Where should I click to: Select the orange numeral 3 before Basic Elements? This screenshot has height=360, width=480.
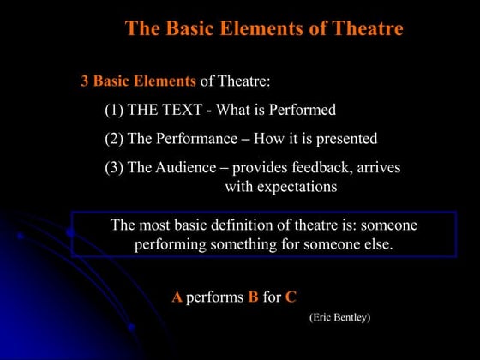point(85,81)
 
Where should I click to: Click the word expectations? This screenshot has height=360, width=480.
point(293,186)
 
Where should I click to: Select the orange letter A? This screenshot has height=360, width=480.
point(177,297)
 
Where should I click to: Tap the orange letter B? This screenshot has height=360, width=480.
point(253,297)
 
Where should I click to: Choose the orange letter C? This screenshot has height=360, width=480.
point(291,297)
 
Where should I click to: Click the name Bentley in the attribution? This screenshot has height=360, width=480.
point(350,317)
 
